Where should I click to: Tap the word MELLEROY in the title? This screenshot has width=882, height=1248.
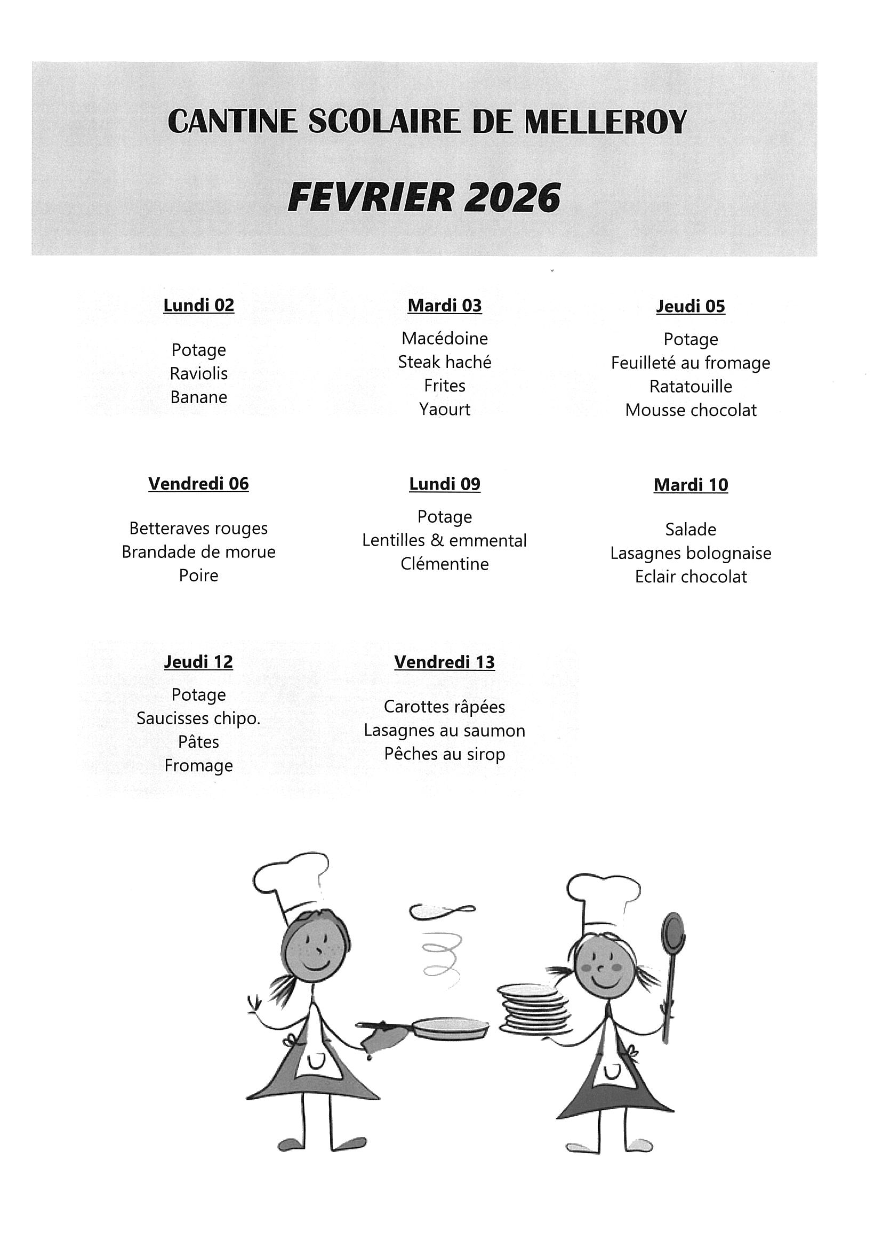click(x=605, y=122)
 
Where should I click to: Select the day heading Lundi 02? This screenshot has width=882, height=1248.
click(x=198, y=306)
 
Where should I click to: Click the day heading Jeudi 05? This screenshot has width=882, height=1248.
click(x=690, y=307)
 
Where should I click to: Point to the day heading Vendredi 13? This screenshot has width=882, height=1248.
click(x=444, y=662)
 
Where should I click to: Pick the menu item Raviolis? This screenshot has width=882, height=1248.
click(x=198, y=373)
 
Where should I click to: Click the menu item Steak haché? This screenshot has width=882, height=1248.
click(x=444, y=362)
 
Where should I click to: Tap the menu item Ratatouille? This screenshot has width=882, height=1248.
click(x=690, y=387)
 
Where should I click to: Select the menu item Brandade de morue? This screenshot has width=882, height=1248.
click(x=198, y=551)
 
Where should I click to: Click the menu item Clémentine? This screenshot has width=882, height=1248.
click(x=444, y=564)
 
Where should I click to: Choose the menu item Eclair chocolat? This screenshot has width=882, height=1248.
click(x=690, y=577)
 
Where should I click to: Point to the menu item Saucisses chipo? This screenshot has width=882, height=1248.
click(x=198, y=718)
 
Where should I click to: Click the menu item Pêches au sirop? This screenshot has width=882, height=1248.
click(x=444, y=755)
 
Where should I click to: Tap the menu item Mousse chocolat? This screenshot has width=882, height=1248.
click(x=690, y=410)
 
